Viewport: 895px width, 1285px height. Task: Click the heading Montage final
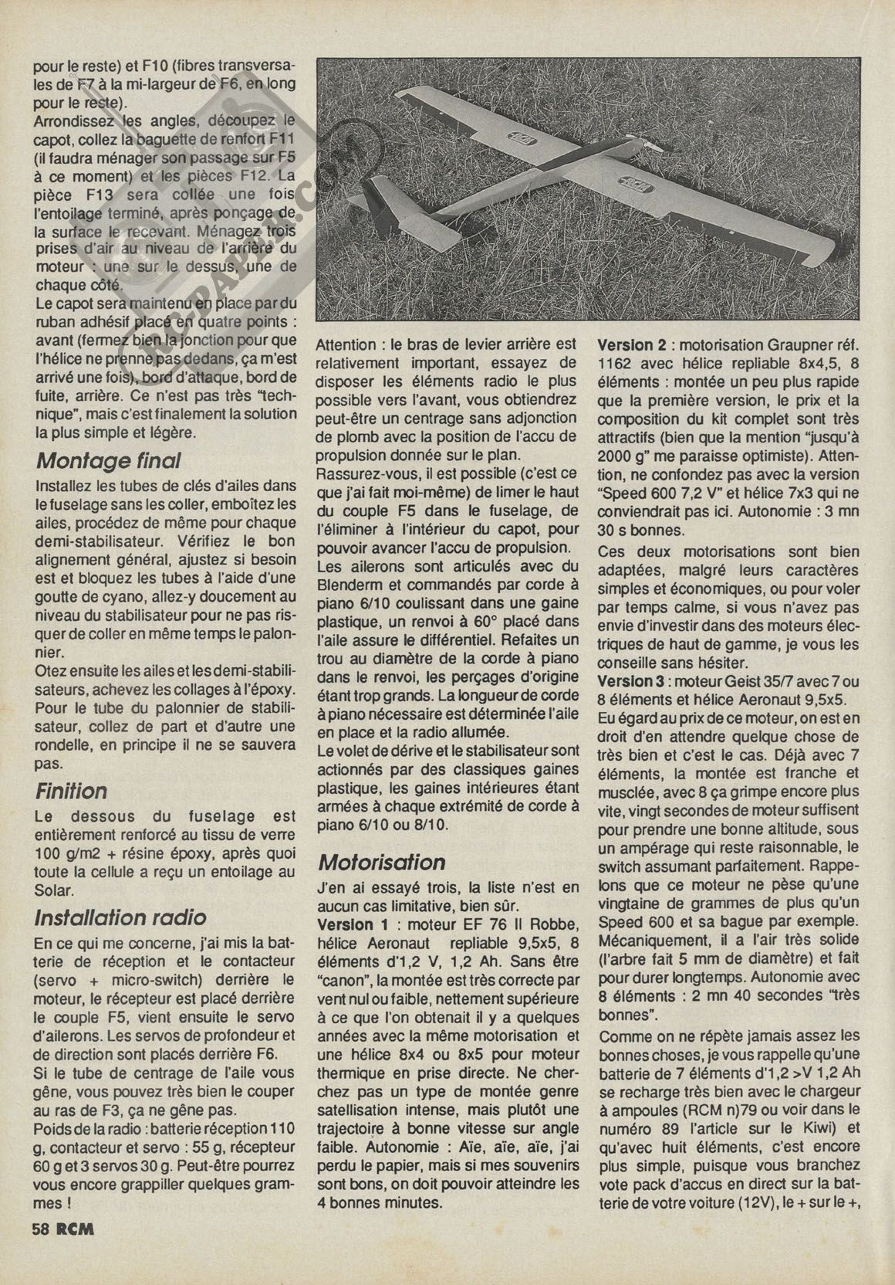point(108,461)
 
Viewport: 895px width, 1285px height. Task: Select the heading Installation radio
point(120,917)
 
